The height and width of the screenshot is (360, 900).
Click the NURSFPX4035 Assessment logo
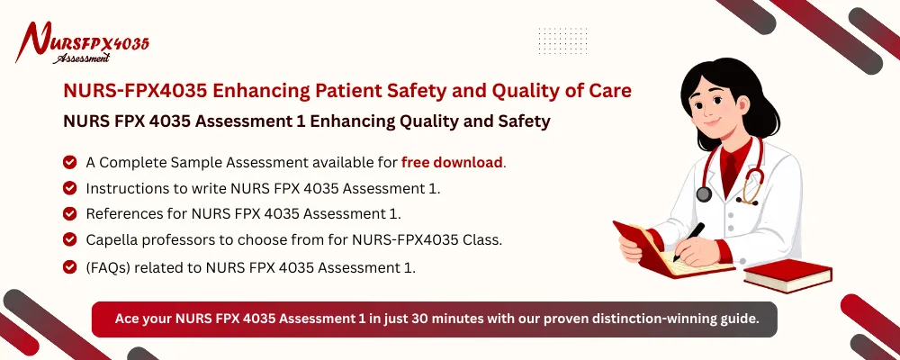(x=85, y=43)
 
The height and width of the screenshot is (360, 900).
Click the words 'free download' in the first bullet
(x=453, y=163)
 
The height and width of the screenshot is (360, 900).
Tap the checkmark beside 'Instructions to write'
(x=69, y=188)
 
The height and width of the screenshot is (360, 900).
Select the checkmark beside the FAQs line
(x=69, y=266)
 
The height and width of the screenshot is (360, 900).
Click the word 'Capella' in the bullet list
(x=113, y=239)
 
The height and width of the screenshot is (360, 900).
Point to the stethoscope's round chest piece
(x=703, y=193)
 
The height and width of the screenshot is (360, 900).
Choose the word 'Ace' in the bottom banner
(x=128, y=318)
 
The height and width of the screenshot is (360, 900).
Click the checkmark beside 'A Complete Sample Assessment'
(x=69, y=163)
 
